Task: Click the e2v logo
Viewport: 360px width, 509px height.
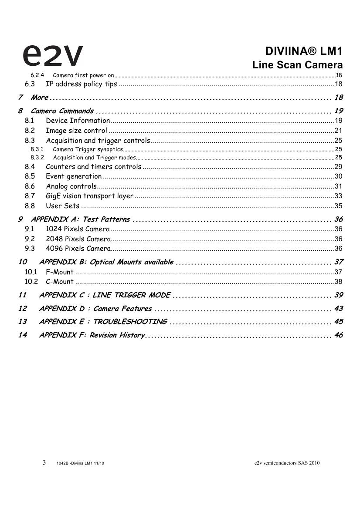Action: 52,56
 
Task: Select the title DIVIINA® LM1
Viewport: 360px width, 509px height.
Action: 304,51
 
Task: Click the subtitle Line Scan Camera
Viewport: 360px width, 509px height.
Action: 297,65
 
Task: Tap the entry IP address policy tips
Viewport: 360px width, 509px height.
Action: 81,84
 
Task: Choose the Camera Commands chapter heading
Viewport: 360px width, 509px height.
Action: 62,111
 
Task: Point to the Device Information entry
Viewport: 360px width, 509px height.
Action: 78,121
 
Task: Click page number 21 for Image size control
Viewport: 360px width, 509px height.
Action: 338,131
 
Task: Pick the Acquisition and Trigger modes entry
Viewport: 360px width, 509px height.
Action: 94,158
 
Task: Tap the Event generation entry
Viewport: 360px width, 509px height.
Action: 74,176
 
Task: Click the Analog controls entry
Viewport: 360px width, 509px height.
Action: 71,186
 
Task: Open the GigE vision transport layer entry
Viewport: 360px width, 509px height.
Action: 89,196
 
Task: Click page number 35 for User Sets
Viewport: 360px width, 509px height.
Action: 338,206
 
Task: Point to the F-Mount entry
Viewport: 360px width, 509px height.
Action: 60,272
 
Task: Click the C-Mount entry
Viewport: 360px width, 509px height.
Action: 60,282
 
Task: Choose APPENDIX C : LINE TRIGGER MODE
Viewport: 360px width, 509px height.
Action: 105,295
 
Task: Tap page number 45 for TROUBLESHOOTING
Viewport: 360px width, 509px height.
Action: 338,322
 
